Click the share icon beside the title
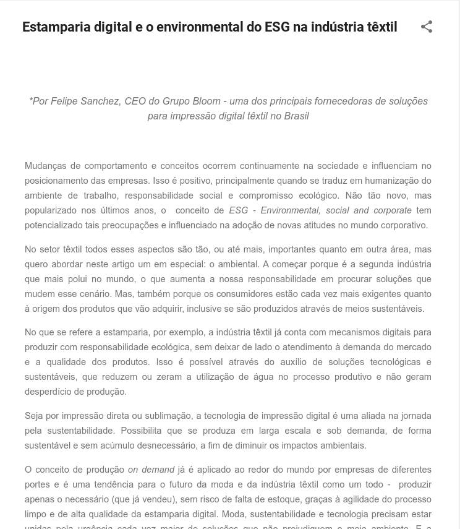coord(426,27)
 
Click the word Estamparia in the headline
coord(56,27)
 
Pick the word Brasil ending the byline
coord(296,116)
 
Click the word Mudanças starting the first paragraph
coord(47,166)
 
